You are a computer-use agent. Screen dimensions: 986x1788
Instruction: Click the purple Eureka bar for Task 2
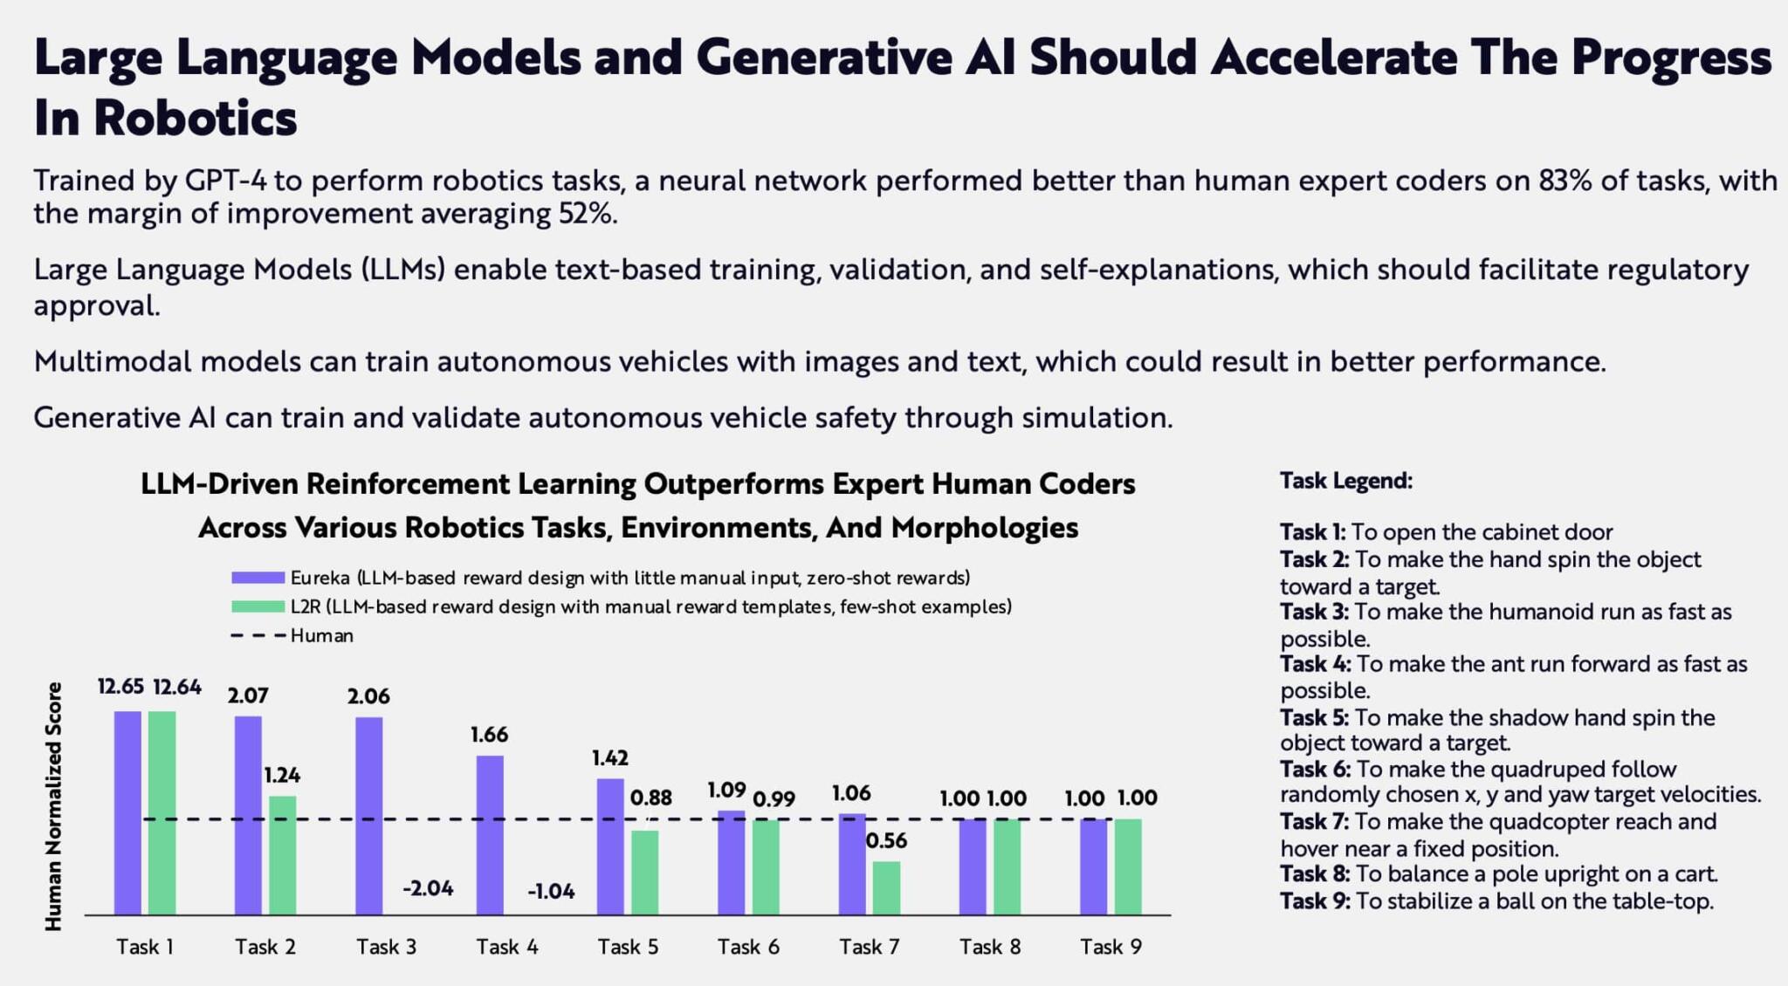[x=248, y=815]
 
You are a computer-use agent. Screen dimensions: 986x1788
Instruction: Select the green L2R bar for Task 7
[x=886, y=887]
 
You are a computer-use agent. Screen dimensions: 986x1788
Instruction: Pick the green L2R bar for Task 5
[x=645, y=872]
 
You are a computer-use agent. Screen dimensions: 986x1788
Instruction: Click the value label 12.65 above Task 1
[x=120, y=687]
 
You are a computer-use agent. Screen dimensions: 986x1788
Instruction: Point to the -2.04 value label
[x=428, y=888]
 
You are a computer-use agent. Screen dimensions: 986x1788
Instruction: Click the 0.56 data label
[x=886, y=840]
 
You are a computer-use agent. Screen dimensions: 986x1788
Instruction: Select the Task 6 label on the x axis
[x=748, y=947]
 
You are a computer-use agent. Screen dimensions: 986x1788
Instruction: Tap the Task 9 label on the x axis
[x=1111, y=947]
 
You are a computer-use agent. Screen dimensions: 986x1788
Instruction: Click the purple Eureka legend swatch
[x=258, y=578]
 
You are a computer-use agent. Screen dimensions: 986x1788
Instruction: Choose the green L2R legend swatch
[x=258, y=606]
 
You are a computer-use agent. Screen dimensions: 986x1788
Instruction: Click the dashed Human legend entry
[x=292, y=636]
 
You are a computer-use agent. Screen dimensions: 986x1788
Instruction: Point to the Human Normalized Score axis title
[x=54, y=806]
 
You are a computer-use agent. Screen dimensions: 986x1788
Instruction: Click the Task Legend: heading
[x=1345, y=481]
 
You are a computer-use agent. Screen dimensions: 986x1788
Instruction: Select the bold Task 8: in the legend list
[x=1314, y=874]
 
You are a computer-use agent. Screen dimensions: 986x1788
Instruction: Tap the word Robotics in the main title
[x=196, y=118]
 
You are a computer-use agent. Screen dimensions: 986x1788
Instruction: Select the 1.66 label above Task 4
[x=489, y=735]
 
